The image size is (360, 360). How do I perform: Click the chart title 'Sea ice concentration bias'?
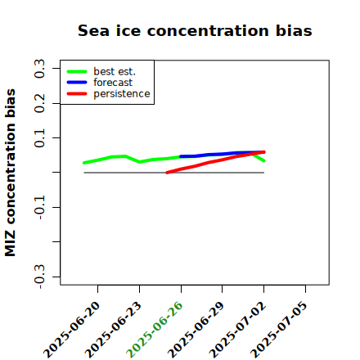pyautogui.click(x=195, y=30)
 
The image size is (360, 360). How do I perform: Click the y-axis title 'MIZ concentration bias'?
pyautogui.click(x=11, y=173)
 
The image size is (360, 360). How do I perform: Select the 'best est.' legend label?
pyautogui.click(x=115, y=71)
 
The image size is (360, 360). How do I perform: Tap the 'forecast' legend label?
pyautogui.click(x=113, y=83)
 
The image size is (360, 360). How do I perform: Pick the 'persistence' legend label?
pyautogui.click(x=122, y=94)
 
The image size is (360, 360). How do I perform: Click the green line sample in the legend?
pyautogui.click(x=77, y=71)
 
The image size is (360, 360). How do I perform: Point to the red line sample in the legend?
pyautogui.click(x=77, y=94)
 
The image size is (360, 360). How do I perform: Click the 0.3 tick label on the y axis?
pyautogui.click(x=40, y=69)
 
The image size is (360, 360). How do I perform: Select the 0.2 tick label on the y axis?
pyautogui.click(x=40, y=103)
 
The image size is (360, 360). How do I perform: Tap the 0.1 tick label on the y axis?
pyautogui.click(x=40, y=138)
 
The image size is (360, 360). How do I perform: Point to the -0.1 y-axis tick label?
pyautogui.click(x=40, y=207)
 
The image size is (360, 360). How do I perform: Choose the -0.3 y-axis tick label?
pyautogui.click(x=40, y=277)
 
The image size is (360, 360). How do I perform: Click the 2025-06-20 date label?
pyautogui.click(x=71, y=330)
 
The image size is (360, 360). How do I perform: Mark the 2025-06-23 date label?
pyautogui.click(x=113, y=330)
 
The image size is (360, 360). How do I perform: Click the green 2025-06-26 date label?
pyautogui.click(x=155, y=330)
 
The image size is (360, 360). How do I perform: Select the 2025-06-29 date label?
pyautogui.click(x=196, y=330)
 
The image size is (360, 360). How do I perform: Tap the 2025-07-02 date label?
pyautogui.click(x=237, y=330)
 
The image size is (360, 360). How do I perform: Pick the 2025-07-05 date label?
pyautogui.click(x=279, y=330)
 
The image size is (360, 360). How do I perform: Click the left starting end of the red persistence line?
pyautogui.click(x=167, y=173)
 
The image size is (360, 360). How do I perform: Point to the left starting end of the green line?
pyautogui.click(x=84, y=163)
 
